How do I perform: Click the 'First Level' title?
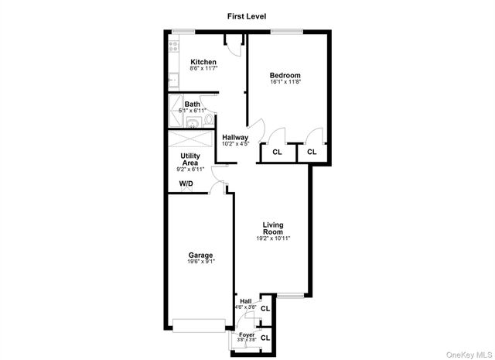247,16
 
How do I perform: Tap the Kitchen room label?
203,62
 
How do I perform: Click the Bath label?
192,105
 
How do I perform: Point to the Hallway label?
235,137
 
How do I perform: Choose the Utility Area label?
190,159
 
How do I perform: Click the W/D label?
186,183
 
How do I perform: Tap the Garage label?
200,255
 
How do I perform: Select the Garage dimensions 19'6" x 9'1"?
200,262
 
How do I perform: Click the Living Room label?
273,228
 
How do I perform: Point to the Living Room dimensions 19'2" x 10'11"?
273,238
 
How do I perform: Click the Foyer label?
247,334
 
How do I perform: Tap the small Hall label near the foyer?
246,301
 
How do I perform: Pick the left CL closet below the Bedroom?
277,153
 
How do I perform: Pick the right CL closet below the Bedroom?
312,153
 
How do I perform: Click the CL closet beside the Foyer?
265,338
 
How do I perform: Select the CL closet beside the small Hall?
265,308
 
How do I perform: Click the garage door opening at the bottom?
198,325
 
